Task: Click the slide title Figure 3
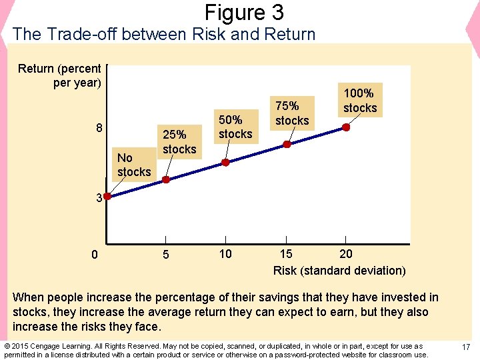244,13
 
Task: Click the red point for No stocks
107,196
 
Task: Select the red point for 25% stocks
166,179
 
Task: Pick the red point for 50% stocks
225,162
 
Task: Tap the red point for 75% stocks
287,144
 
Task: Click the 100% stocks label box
360,100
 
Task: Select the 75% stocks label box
292,113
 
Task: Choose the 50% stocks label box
235,127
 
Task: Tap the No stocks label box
133,165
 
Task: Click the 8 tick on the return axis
98,128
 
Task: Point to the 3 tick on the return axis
98,198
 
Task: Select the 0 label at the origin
95,254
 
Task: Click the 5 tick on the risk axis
165,254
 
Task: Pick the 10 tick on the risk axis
225,253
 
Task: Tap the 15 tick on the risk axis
286,253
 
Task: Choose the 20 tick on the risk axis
346,253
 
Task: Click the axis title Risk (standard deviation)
339,270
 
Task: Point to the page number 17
466,347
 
